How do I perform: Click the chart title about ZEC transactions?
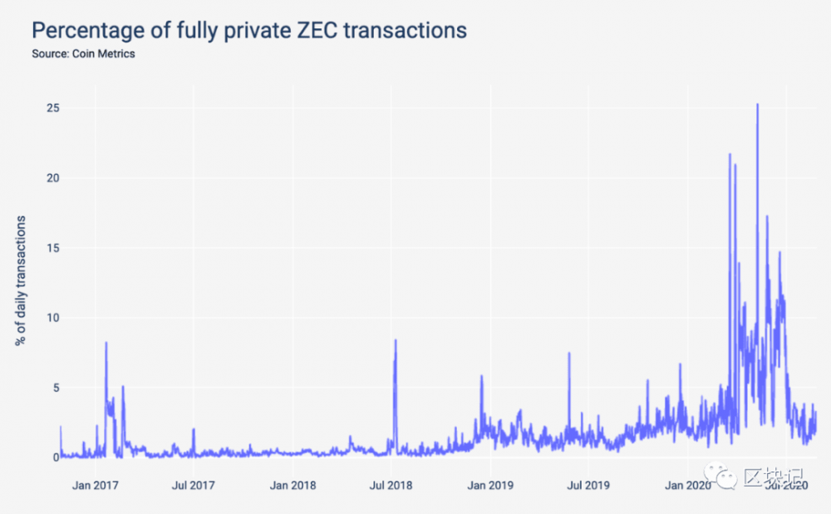pos(248,31)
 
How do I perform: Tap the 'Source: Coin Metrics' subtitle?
pos(83,54)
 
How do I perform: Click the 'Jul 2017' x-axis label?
pos(193,485)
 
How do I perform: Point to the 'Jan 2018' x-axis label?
pos(293,485)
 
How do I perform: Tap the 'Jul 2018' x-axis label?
pos(391,485)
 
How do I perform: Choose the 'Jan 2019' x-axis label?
pos(489,485)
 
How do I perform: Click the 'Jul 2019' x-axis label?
pos(588,485)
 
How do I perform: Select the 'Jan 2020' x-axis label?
pos(686,485)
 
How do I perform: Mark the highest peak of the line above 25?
pos(757,105)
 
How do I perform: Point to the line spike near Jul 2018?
pos(396,340)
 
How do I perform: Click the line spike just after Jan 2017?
pos(106,343)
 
